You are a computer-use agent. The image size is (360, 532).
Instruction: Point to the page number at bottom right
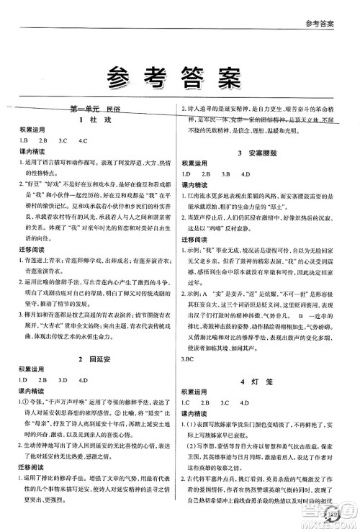point(333,512)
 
